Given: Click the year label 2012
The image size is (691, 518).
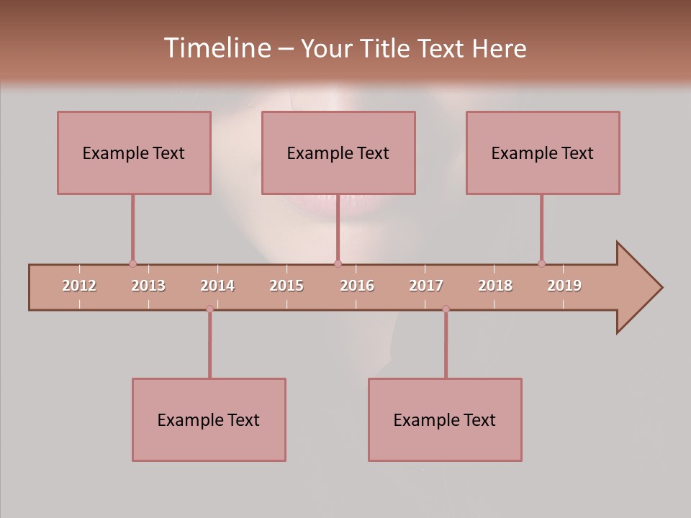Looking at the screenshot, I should click(79, 286).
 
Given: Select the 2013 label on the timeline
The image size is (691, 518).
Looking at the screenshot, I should click(148, 286).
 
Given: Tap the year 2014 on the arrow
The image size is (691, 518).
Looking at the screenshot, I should click(217, 286).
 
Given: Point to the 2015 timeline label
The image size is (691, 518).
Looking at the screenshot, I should click(286, 286).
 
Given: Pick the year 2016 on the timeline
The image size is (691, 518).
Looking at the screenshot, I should click(357, 286).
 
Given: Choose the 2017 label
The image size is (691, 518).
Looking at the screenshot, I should click(426, 286).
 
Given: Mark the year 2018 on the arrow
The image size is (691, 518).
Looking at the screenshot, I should click(495, 286).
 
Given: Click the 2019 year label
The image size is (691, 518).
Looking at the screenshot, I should click(564, 286).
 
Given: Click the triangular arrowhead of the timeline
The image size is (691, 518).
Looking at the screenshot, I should click(638, 288).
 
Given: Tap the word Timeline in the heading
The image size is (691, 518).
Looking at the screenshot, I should click(217, 48).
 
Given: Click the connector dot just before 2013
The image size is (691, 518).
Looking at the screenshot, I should click(132, 263).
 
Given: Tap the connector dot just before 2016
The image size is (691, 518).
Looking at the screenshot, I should click(338, 263).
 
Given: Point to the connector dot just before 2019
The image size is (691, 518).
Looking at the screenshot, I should click(541, 263).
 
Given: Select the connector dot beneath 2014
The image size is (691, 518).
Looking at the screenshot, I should click(209, 309).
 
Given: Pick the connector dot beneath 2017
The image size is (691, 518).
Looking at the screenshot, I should click(446, 309).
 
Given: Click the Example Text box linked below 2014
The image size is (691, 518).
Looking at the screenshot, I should click(209, 419).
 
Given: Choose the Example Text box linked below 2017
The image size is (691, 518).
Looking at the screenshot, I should click(445, 419).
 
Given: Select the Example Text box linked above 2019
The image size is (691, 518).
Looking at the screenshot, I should click(543, 153).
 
